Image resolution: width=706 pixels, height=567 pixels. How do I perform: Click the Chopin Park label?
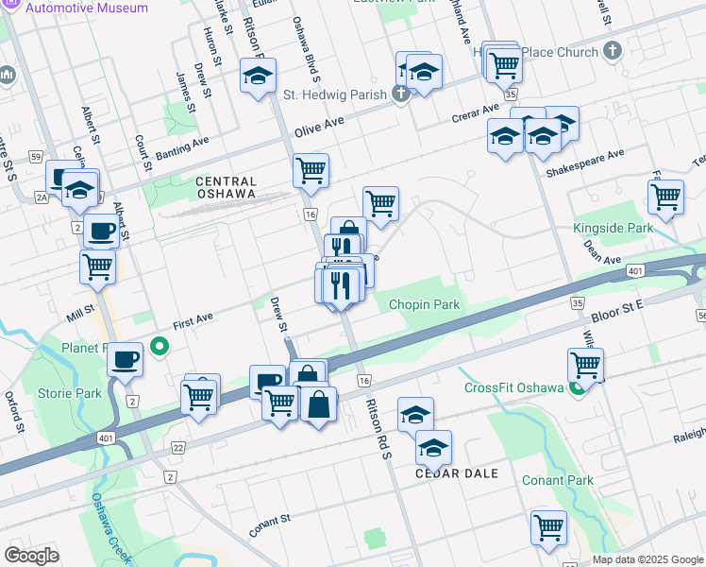pos(424,305)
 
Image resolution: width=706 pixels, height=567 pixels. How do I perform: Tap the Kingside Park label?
pos(613,229)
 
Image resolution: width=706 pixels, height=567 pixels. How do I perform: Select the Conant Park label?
pos(558,480)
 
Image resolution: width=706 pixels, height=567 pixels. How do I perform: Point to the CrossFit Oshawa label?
pos(513,387)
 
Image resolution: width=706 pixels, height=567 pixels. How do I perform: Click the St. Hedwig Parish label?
pos(335,94)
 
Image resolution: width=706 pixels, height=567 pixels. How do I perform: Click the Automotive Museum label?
pos(87,8)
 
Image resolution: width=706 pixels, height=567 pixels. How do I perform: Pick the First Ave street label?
pos(193,321)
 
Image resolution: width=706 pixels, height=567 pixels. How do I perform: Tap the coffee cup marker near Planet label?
pos(126,358)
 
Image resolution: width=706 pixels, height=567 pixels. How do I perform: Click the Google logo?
pos(31,556)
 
